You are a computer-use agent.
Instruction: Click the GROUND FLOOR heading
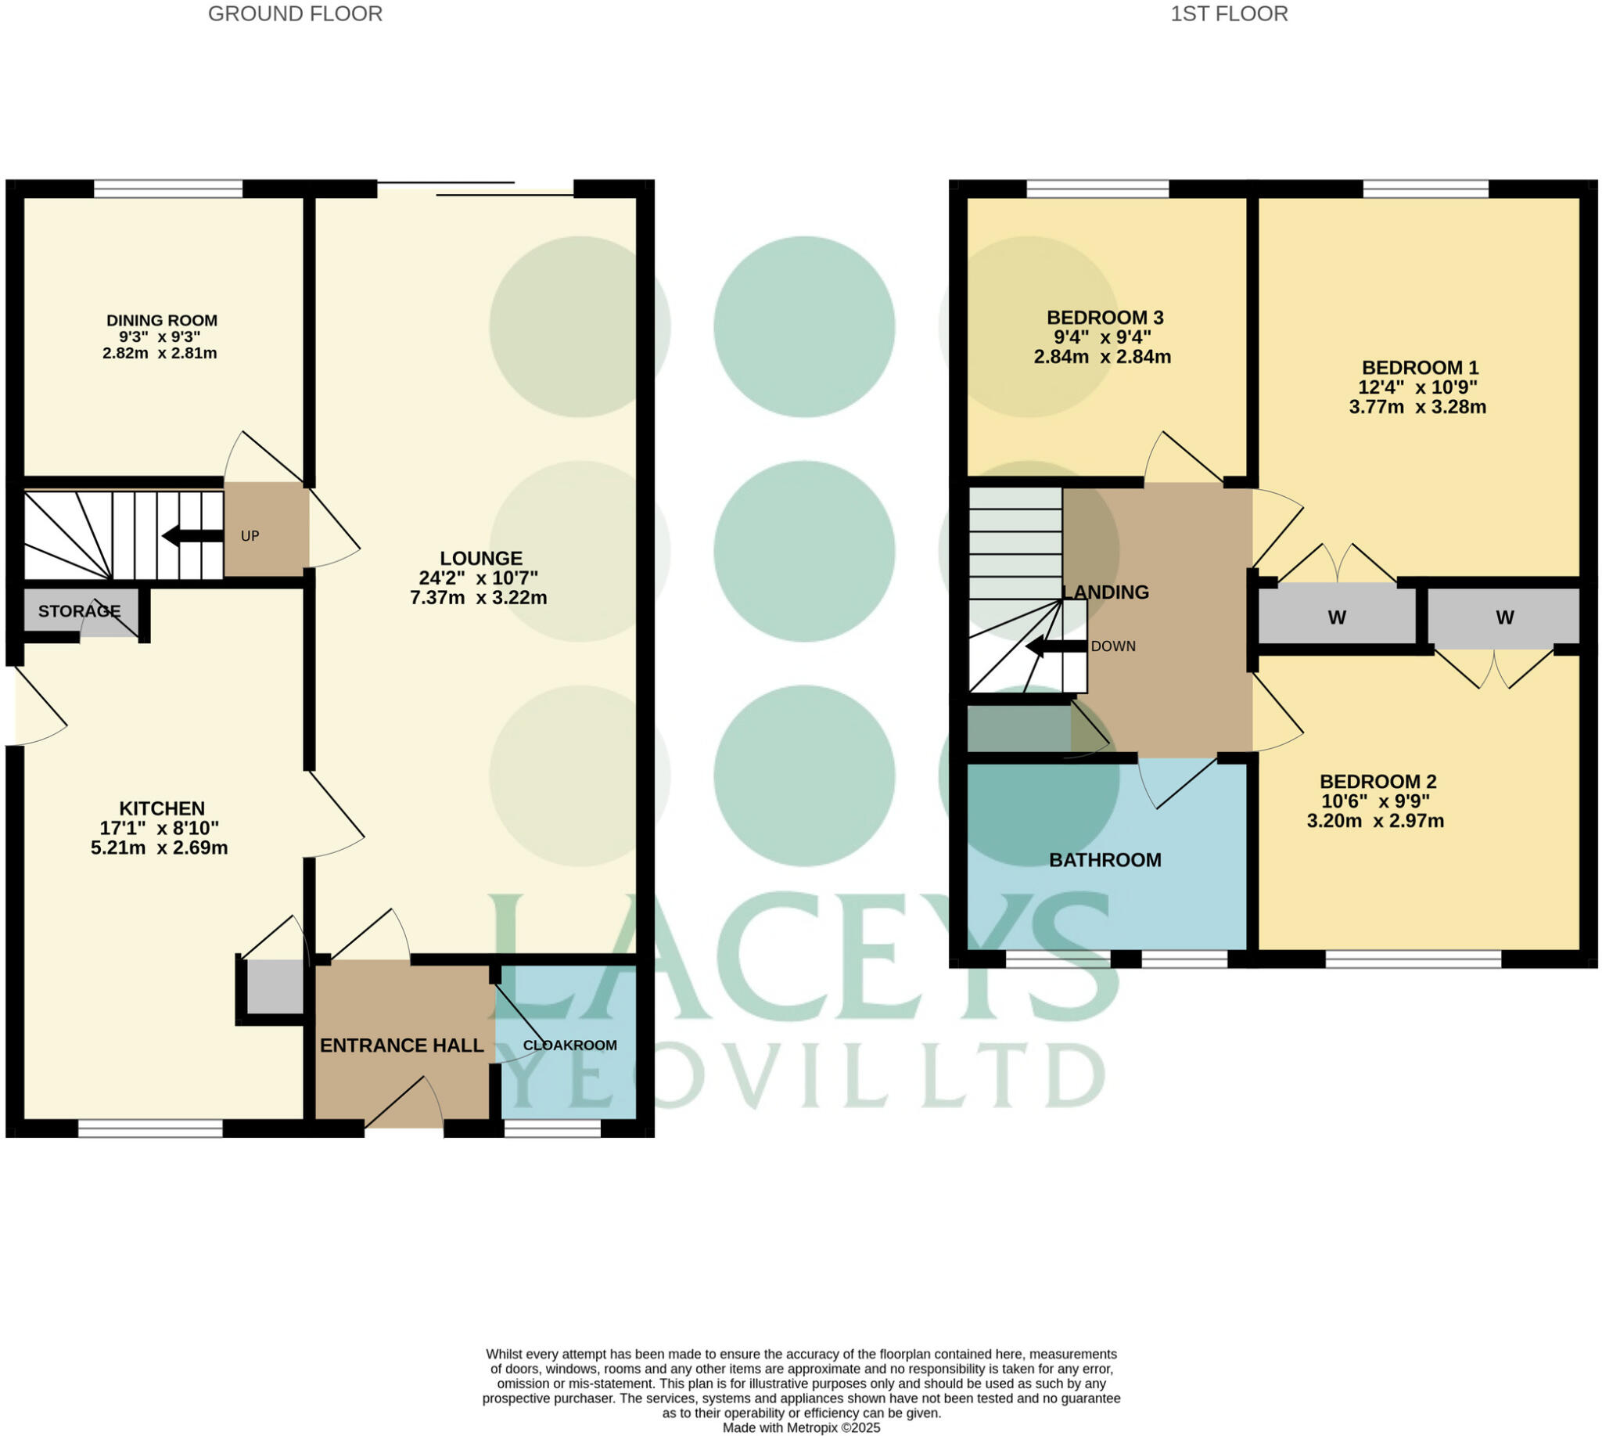coord(295,14)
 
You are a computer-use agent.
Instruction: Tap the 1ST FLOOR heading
coord(1228,14)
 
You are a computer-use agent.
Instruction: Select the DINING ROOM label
coord(162,320)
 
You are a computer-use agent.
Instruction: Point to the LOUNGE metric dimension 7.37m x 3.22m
coord(478,597)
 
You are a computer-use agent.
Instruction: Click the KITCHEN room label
coord(162,808)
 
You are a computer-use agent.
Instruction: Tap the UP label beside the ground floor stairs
coord(250,536)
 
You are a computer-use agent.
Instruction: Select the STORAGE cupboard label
coord(79,610)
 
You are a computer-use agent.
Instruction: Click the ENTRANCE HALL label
coord(401,1046)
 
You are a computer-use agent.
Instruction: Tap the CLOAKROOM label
coord(569,1046)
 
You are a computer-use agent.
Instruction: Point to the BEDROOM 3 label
coord(1105,318)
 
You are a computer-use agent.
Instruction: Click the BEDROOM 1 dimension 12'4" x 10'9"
coord(1417,387)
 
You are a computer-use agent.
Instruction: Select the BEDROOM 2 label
coord(1378,781)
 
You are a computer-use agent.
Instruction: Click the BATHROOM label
coord(1105,860)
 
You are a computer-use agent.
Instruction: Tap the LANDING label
coord(1105,592)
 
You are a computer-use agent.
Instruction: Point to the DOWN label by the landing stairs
coord(1113,646)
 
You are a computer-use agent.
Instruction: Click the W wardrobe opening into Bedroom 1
coord(1336,617)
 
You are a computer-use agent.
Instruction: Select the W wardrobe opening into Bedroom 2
coord(1504,617)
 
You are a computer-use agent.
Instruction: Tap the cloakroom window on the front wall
coord(552,1129)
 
